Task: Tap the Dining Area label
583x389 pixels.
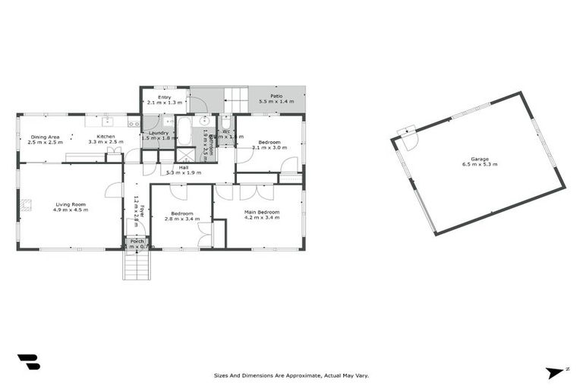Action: [x=45, y=137]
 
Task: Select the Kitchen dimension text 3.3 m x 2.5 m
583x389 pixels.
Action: [x=106, y=142]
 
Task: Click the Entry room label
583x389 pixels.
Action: [x=165, y=97]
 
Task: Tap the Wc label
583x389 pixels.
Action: [x=226, y=131]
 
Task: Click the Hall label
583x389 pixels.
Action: [x=183, y=167]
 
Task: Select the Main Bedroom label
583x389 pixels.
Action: [x=261, y=212]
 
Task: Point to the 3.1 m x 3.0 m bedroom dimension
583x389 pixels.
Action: [x=269, y=148]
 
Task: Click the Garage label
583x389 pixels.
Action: [x=479, y=159]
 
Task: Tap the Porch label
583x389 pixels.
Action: [x=137, y=241]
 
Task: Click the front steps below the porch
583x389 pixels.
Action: [x=137, y=265]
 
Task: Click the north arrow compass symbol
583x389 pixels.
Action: [x=556, y=373]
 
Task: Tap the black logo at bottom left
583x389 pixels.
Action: [x=28, y=362]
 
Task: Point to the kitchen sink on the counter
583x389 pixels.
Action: [x=107, y=121]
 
